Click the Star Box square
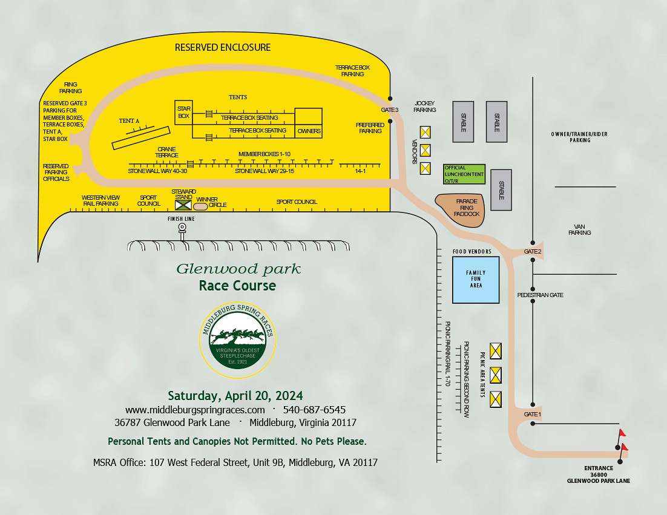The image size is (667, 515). point(183,113)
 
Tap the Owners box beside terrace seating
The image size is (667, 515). point(309,123)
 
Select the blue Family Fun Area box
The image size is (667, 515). point(476,280)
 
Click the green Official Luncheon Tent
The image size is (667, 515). point(464,174)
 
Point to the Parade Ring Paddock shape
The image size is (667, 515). point(460,210)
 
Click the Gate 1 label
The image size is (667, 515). point(532,414)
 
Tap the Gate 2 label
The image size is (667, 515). point(533,251)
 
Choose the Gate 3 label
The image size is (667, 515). point(390,110)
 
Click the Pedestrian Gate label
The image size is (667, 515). point(540,295)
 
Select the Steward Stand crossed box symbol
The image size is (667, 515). point(183,205)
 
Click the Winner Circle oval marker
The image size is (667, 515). point(200,206)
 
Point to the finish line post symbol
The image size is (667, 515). point(182,229)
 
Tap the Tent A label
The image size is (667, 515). point(129,121)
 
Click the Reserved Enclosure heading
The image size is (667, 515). point(223,47)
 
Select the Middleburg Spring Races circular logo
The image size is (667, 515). point(238,340)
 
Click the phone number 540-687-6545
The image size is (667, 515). point(314,410)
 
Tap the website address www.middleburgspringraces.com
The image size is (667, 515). point(195,410)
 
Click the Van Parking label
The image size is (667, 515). point(579,229)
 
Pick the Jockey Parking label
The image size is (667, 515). point(424,107)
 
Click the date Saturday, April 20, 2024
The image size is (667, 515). point(235,396)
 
